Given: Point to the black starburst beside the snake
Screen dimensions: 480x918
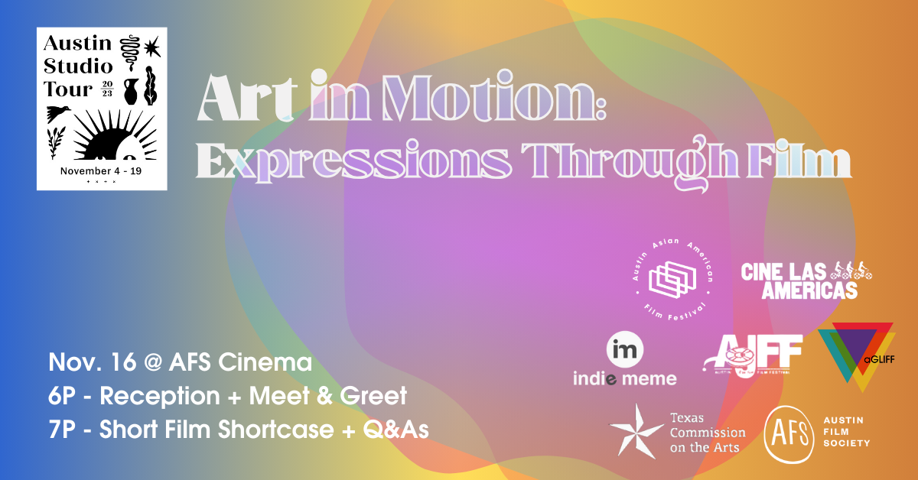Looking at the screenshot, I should click(x=152, y=48).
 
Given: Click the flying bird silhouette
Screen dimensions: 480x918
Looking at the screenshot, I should click(x=59, y=114).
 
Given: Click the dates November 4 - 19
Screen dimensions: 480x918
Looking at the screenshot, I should click(x=101, y=170).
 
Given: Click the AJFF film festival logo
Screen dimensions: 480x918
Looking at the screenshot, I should click(x=753, y=356).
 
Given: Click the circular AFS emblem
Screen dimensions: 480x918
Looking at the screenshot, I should click(x=790, y=433).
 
